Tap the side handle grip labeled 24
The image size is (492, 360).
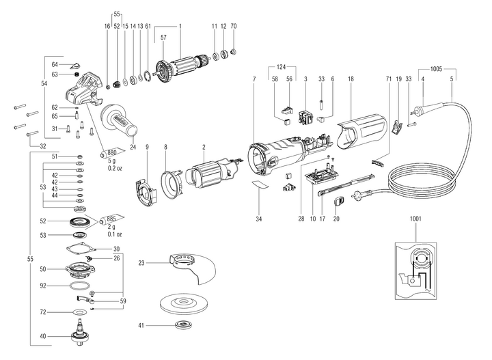pos(122,121)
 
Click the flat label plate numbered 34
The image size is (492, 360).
pos(259,186)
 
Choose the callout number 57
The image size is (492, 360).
pos(163,40)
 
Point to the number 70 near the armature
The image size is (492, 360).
pos(234,26)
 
